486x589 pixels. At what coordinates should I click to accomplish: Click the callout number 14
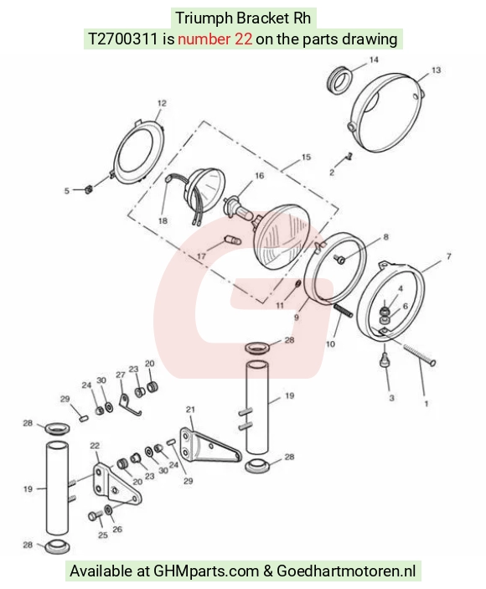374,59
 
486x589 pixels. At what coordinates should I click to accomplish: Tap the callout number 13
436,70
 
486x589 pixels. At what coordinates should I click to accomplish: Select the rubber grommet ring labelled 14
339,80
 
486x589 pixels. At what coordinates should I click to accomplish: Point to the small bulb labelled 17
233,240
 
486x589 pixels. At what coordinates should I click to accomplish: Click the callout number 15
306,157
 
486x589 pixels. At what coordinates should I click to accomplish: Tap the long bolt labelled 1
420,355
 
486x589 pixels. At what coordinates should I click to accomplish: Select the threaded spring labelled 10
344,311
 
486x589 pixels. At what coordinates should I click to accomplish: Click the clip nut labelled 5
89,189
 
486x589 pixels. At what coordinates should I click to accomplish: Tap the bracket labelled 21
209,445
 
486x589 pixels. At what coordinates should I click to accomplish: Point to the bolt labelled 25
95,516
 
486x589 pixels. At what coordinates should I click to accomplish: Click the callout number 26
117,530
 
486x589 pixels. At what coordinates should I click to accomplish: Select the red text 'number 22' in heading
215,39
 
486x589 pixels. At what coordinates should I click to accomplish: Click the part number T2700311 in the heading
123,39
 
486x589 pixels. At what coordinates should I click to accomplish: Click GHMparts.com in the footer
206,571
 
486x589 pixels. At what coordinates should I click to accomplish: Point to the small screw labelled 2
349,156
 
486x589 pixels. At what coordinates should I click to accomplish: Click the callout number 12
162,103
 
